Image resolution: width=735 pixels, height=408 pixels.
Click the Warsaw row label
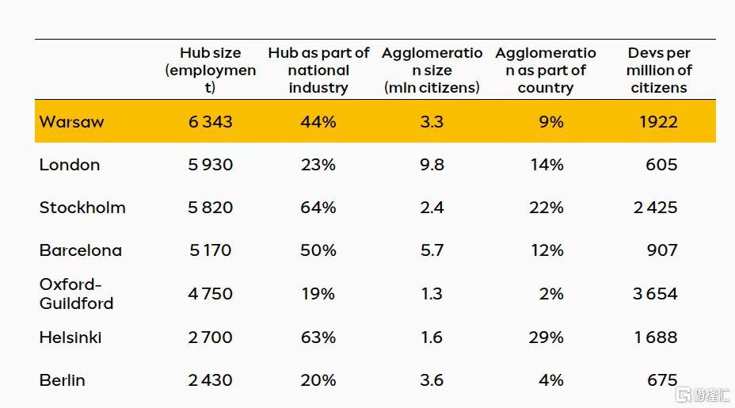72,122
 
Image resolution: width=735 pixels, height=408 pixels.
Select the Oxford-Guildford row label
76,294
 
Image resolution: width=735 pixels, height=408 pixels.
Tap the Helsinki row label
70,337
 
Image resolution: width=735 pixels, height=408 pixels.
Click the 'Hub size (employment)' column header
211,70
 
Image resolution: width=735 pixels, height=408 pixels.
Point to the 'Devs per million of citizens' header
659,70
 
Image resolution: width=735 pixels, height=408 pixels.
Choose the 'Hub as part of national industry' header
318,70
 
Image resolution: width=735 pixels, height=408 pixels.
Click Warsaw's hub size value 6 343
211,122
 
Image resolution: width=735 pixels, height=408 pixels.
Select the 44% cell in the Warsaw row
318,122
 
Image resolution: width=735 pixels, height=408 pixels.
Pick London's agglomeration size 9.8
432,165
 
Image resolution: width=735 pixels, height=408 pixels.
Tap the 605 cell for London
661,165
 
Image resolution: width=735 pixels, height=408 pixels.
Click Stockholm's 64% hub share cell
318,208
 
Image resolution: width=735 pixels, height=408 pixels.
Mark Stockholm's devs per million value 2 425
655,208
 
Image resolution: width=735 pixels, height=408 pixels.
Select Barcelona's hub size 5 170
211,250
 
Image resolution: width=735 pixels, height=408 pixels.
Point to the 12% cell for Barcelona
547,250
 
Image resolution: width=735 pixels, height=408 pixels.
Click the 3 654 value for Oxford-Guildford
655,294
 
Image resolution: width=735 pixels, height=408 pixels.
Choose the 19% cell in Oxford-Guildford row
318,294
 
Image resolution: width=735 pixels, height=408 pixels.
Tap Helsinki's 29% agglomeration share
546,337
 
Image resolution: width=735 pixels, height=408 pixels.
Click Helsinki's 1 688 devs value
656,337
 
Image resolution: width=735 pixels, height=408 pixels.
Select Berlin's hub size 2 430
211,379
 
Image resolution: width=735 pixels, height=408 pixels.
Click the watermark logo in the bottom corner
703,395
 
